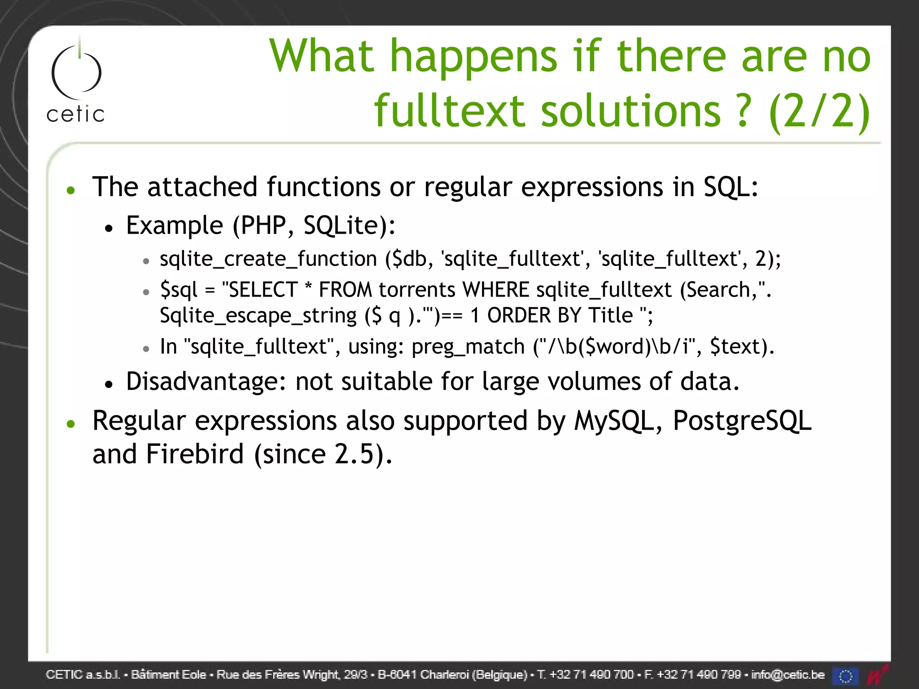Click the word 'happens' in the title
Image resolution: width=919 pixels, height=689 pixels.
473,57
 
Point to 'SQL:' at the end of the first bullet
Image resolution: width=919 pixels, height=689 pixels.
731,187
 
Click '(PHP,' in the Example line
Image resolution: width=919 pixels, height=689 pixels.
263,225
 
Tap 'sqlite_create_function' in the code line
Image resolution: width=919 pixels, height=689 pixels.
268,259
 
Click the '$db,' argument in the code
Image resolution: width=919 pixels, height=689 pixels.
409,259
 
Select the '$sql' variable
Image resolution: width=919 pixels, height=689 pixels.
179,290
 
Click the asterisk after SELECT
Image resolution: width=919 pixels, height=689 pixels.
308,288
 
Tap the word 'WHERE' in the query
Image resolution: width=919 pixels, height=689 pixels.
496,290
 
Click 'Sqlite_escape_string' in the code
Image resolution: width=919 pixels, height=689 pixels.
258,316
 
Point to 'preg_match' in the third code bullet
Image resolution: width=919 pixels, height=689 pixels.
468,347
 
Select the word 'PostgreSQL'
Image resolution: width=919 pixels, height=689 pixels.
742,421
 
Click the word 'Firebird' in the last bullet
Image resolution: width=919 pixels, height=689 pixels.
195,454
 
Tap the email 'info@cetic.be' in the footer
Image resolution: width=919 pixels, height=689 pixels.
788,675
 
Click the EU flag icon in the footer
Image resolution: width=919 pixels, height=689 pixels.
845,676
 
